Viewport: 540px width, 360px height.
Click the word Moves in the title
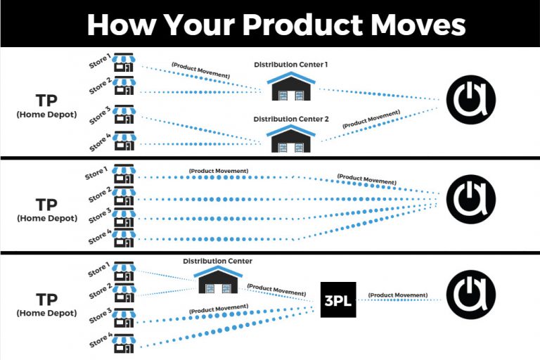tap(418, 25)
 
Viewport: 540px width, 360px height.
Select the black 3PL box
tap(338, 300)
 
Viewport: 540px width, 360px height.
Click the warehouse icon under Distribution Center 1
tap(291, 86)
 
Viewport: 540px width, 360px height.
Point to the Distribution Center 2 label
tap(291, 120)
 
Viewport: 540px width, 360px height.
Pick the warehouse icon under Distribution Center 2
tap(291, 139)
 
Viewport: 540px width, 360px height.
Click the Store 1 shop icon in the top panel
tap(124, 63)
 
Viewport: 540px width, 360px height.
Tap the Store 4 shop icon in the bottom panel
tap(124, 343)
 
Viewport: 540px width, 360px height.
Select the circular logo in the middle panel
tap(471, 199)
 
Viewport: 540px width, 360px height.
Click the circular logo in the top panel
tap(471, 100)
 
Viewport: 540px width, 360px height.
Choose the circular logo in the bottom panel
tap(471, 295)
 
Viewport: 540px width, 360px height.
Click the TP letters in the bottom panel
tap(46, 300)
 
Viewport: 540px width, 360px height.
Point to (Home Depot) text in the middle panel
tap(47, 219)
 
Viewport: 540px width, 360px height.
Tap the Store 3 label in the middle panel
tap(100, 216)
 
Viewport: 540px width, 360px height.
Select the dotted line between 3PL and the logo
tap(399, 300)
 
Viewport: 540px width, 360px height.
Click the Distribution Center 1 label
tap(290, 65)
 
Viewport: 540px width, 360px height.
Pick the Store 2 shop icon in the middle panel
tap(124, 196)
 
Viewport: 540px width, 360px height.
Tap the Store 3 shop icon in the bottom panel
tap(124, 318)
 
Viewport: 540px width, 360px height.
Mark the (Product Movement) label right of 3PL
tap(398, 295)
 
